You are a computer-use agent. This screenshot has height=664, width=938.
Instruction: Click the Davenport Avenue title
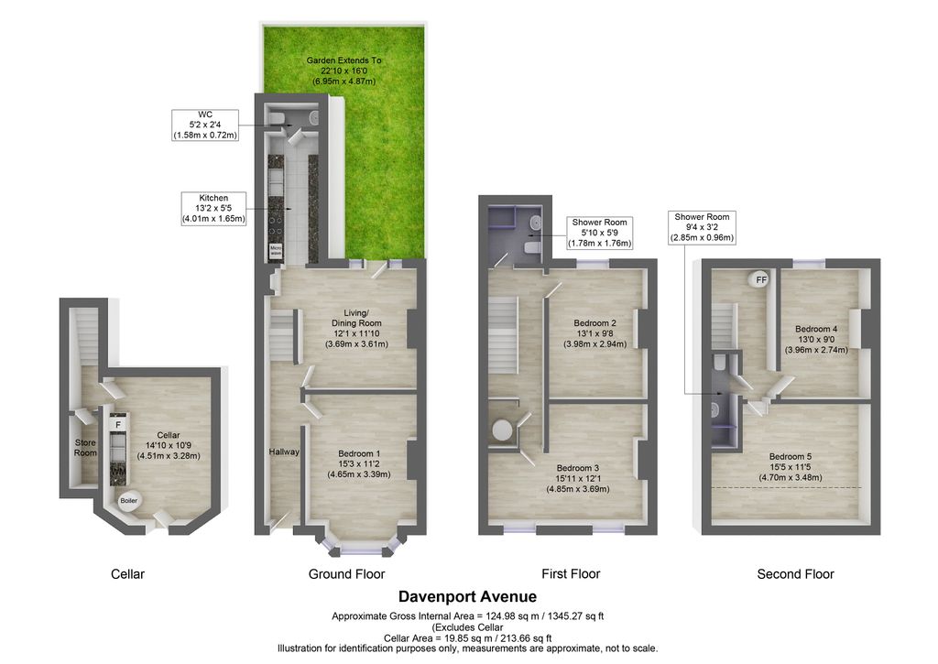coord(468,596)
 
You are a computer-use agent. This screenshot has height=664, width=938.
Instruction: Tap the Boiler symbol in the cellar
coord(129,500)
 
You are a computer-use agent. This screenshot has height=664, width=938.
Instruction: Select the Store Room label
coord(85,447)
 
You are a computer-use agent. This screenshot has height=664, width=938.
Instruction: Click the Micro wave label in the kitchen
coord(276,249)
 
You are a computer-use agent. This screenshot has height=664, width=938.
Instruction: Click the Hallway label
coord(284,452)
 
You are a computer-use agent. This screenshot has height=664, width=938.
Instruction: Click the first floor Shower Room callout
coord(600,233)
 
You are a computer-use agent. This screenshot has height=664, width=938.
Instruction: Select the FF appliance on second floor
coord(760,280)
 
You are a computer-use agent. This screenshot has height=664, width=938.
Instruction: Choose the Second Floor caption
coord(795,574)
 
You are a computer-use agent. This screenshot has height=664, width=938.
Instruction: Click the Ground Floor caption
coord(346,574)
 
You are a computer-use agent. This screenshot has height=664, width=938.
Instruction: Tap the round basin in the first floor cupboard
coord(502,430)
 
